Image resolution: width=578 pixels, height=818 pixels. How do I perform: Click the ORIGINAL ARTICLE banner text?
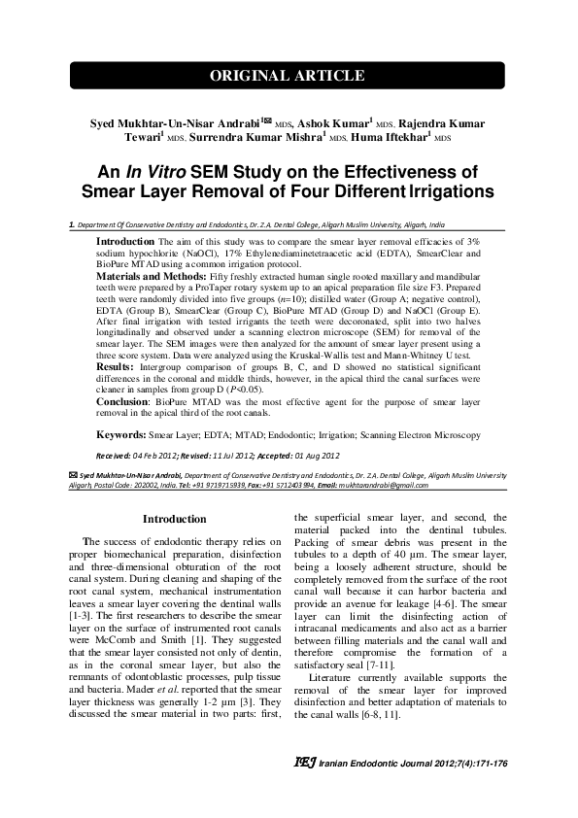pos(289,77)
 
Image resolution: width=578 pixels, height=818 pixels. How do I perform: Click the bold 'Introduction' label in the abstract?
pos(125,240)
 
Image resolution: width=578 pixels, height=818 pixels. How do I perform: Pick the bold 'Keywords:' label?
pos(121,437)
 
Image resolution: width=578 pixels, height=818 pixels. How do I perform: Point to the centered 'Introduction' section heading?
pos(174,520)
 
